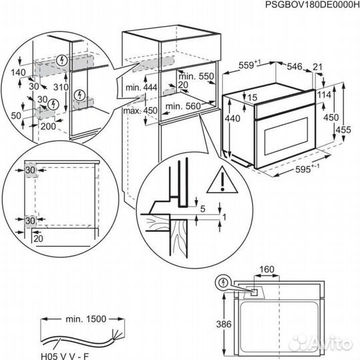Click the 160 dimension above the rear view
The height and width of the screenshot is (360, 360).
[x=267, y=271]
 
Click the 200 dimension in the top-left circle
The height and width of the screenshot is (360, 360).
[x=47, y=125]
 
